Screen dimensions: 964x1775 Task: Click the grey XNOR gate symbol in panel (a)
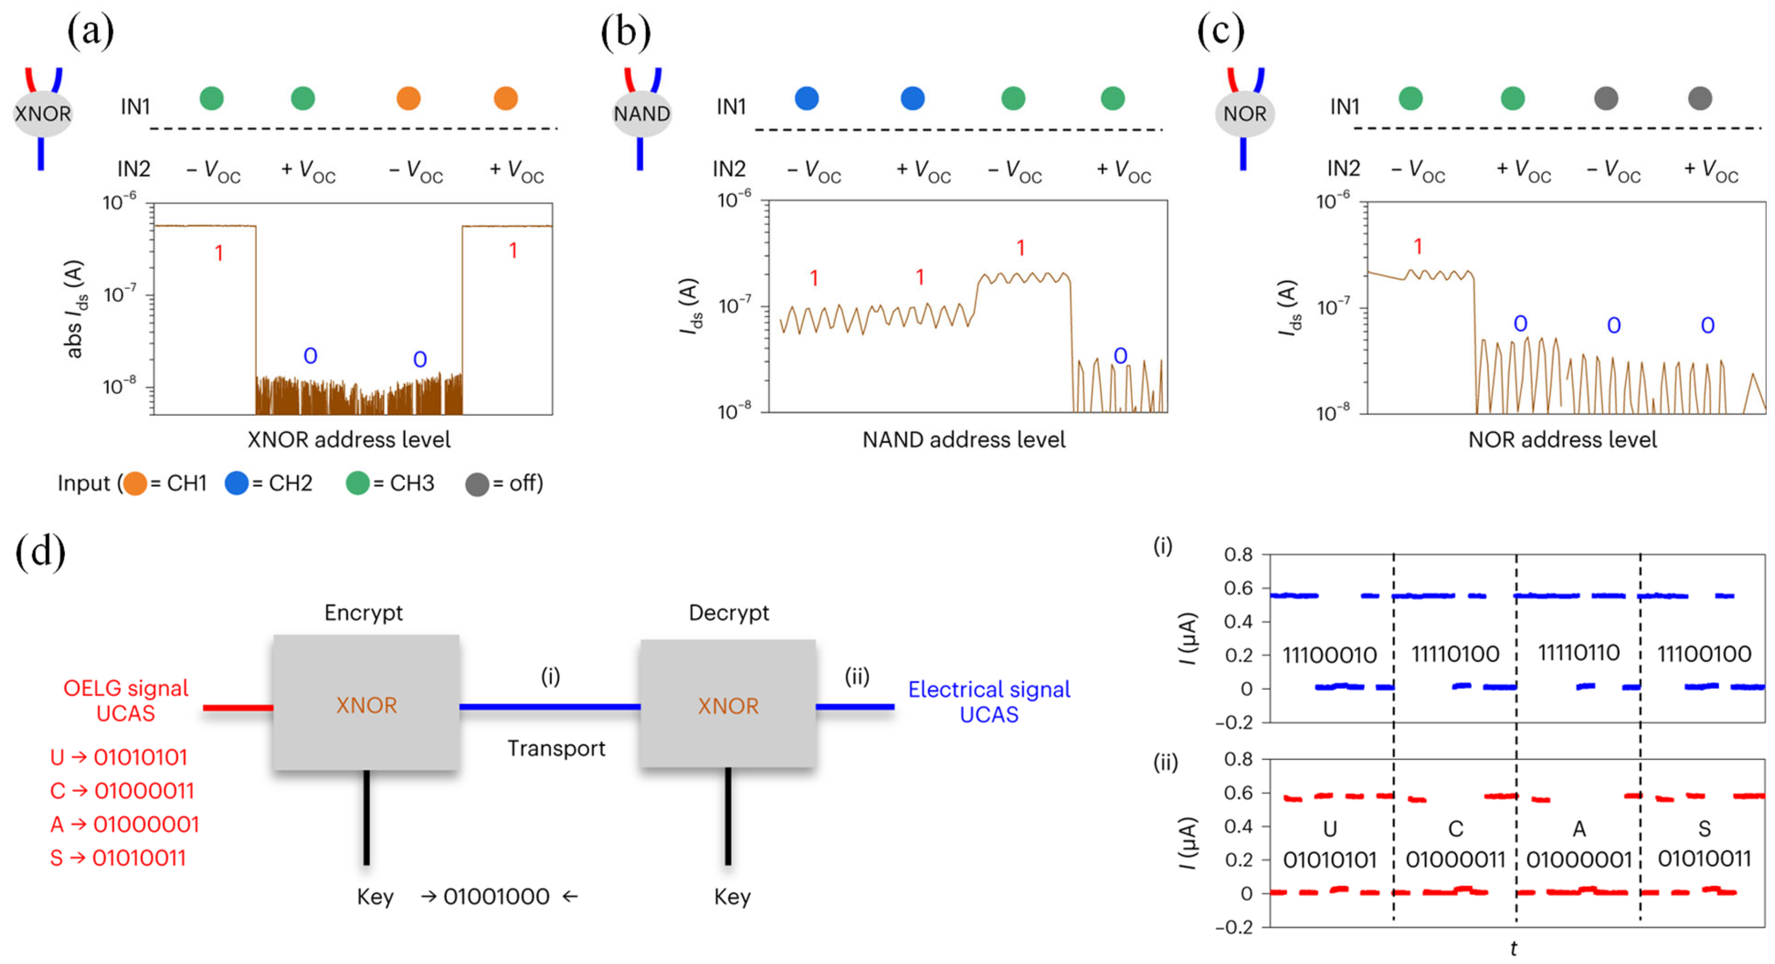(43, 113)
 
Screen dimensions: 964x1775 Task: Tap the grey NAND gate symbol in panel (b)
(642, 113)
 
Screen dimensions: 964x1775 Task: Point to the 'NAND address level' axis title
(963, 439)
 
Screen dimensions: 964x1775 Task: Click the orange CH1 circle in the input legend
(135, 483)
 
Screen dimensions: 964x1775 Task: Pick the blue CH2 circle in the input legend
(236, 483)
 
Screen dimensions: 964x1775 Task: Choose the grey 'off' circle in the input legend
(477, 484)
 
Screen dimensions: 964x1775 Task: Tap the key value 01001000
(496, 897)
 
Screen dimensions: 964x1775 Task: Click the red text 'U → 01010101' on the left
(118, 757)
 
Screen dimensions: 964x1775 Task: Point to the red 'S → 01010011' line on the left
(118, 858)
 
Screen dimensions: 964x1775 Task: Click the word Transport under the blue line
(556, 749)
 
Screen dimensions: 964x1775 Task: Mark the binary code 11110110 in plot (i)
(1578, 652)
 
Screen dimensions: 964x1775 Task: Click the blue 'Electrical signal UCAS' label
(989, 702)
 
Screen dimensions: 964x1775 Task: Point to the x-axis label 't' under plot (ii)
(1513, 949)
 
